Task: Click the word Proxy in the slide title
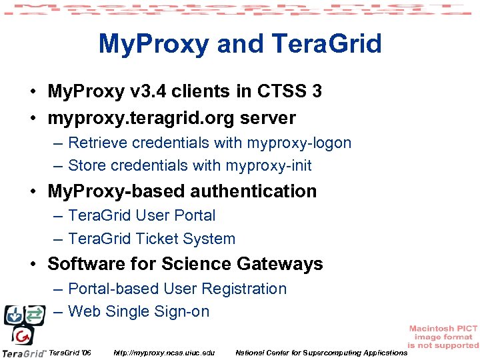coord(173,45)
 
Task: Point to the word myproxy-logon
coord(299,143)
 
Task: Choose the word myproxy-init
coord(269,165)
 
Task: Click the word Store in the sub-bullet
coord(87,165)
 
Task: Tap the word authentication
coord(253,191)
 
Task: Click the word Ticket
coord(160,239)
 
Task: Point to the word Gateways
coord(279,264)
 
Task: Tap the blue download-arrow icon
coord(13,315)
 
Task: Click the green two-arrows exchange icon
coord(33,315)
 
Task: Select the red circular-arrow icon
coord(24,335)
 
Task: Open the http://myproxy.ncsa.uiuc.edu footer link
coord(164,352)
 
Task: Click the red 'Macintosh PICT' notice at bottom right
coord(443,337)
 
